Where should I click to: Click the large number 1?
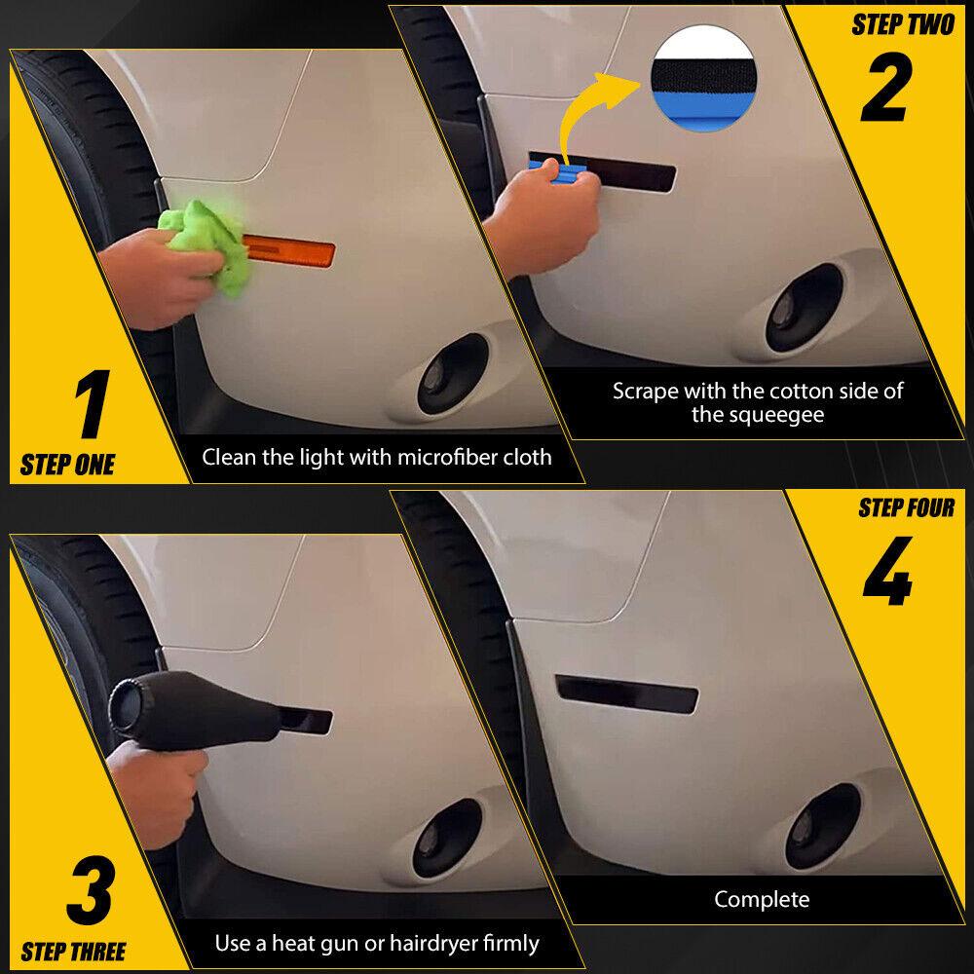[x=94, y=404]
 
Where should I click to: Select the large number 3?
[x=92, y=889]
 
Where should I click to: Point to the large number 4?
[x=887, y=571]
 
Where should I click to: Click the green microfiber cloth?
[x=205, y=246]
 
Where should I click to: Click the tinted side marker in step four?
[x=626, y=693]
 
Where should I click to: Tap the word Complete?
[x=762, y=899]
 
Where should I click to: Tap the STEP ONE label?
[x=68, y=465]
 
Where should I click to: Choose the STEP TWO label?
[x=903, y=24]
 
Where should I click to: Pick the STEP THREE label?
[x=73, y=952]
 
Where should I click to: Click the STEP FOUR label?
[x=906, y=507]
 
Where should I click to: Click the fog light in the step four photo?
[x=823, y=826]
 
